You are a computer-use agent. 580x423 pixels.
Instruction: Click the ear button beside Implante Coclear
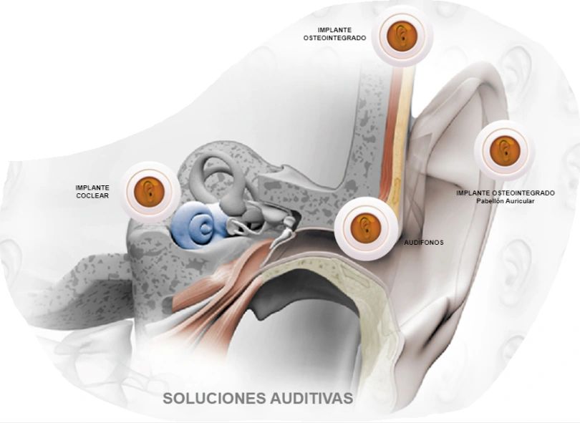(149, 190)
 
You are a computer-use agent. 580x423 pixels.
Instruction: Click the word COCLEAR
(92, 195)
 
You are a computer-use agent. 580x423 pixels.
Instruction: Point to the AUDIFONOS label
(424, 243)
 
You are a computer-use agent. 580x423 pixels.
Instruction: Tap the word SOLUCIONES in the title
(209, 398)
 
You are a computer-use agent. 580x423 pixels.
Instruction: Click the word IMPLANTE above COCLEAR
(92, 187)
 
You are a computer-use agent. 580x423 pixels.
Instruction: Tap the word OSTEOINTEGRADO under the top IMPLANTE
(334, 38)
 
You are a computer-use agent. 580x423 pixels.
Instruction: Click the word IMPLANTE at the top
(334, 30)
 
